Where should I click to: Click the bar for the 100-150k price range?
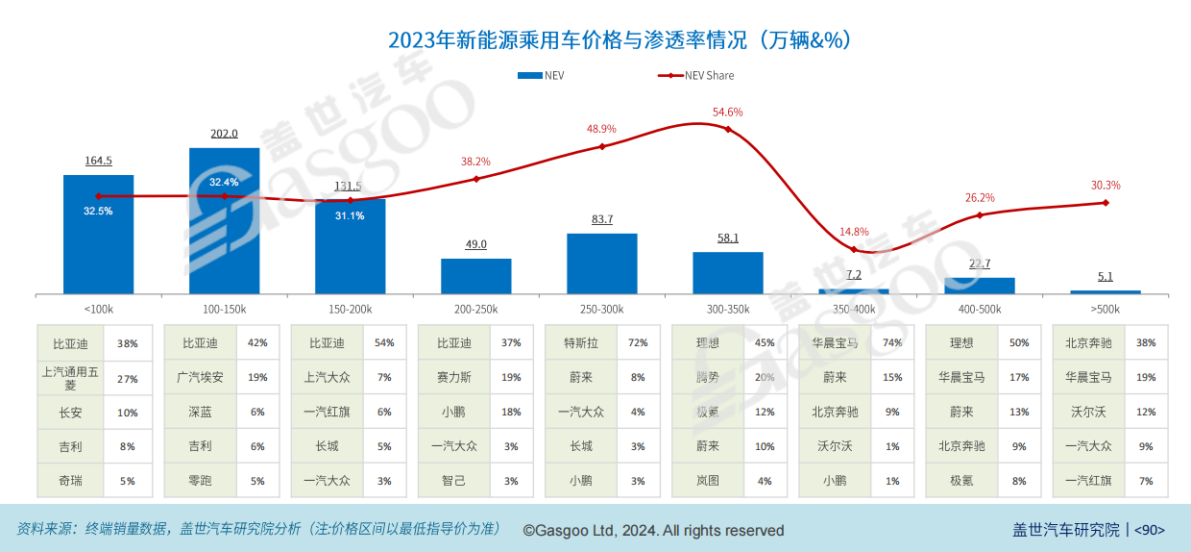(x=224, y=221)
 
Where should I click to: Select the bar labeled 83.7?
(x=602, y=263)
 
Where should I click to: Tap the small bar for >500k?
(x=1106, y=291)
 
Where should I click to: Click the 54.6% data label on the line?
(x=727, y=112)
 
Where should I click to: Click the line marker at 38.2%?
(x=476, y=179)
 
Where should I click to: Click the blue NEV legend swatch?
(x=529, y=75)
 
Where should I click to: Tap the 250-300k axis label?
(x=602, y=310)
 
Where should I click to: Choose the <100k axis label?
(x=99, y=310)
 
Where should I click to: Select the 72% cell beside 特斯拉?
(x=637, y=343)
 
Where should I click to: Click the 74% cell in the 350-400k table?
(x=890, y=343)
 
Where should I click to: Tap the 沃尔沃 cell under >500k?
(x=1087, y=413)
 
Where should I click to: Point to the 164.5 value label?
(x=98, y=161)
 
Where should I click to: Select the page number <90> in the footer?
(x=1150, y=530)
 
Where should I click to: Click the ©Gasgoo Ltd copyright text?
(x=653, y=531)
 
